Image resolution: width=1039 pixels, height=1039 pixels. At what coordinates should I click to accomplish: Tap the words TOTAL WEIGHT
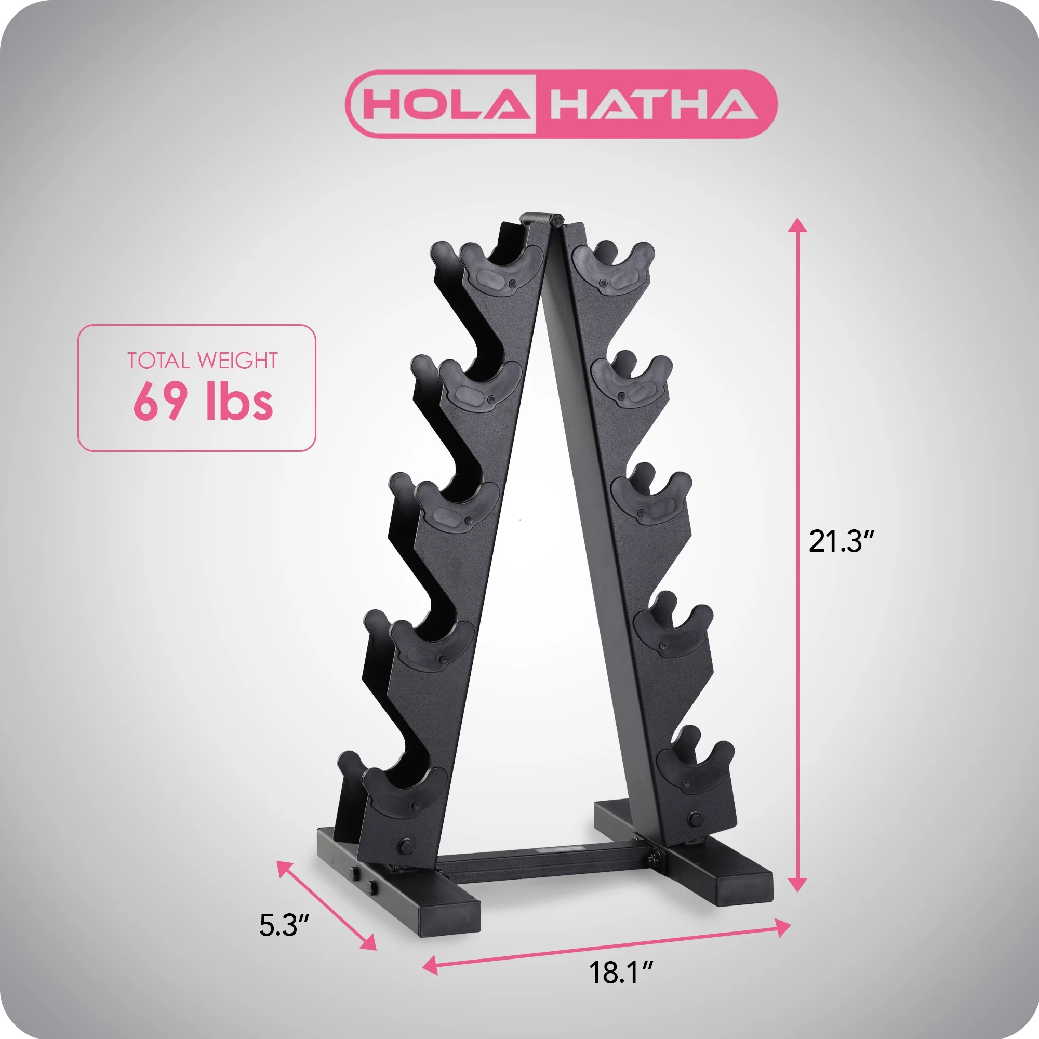click(x=202, y=361)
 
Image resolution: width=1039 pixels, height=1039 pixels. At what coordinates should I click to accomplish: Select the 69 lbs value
click(x=203, y=402)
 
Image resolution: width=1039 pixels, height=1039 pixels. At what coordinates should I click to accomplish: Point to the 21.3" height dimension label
click(x=842, y=541)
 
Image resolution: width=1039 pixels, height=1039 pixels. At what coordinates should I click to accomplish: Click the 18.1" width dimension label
click(x=621, y=973)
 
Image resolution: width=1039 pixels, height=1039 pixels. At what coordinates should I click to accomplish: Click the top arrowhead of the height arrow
click(x=797, y=225)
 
